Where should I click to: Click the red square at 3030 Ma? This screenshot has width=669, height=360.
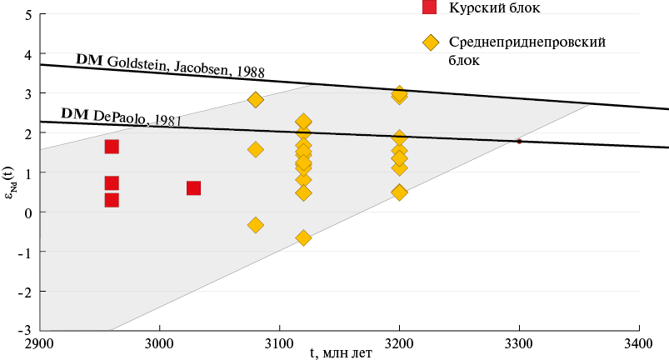coord(193,188)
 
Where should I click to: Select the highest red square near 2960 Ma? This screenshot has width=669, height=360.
coord(112,147)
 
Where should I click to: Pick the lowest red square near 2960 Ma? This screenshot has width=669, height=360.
coord(112,200)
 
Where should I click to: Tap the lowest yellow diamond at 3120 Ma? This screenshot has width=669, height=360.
coord(303,237)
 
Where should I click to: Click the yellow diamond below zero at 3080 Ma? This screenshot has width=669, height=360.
coord(255,225)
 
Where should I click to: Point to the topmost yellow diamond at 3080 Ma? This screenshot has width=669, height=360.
coord(255,100)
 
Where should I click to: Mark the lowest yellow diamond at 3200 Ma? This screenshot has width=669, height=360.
coord(399,192)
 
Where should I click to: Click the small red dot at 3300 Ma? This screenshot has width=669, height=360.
coord(519,141)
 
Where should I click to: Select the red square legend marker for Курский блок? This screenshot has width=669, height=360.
coord(429,7)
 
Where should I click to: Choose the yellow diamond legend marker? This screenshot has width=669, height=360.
coord(431,42)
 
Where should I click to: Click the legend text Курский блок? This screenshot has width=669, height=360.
coord(495,7)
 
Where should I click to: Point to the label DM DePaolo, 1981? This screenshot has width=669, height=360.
coord(121,117)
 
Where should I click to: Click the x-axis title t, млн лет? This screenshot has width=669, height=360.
coord(341,353)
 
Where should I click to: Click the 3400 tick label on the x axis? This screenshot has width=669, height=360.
coord(639,343)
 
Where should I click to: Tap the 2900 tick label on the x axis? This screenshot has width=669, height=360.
coord(40,343)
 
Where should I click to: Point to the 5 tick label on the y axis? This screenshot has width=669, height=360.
coord(29,15)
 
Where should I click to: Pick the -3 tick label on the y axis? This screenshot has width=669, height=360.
coord(25,331)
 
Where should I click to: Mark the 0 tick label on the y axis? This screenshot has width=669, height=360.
coord(28,212)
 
